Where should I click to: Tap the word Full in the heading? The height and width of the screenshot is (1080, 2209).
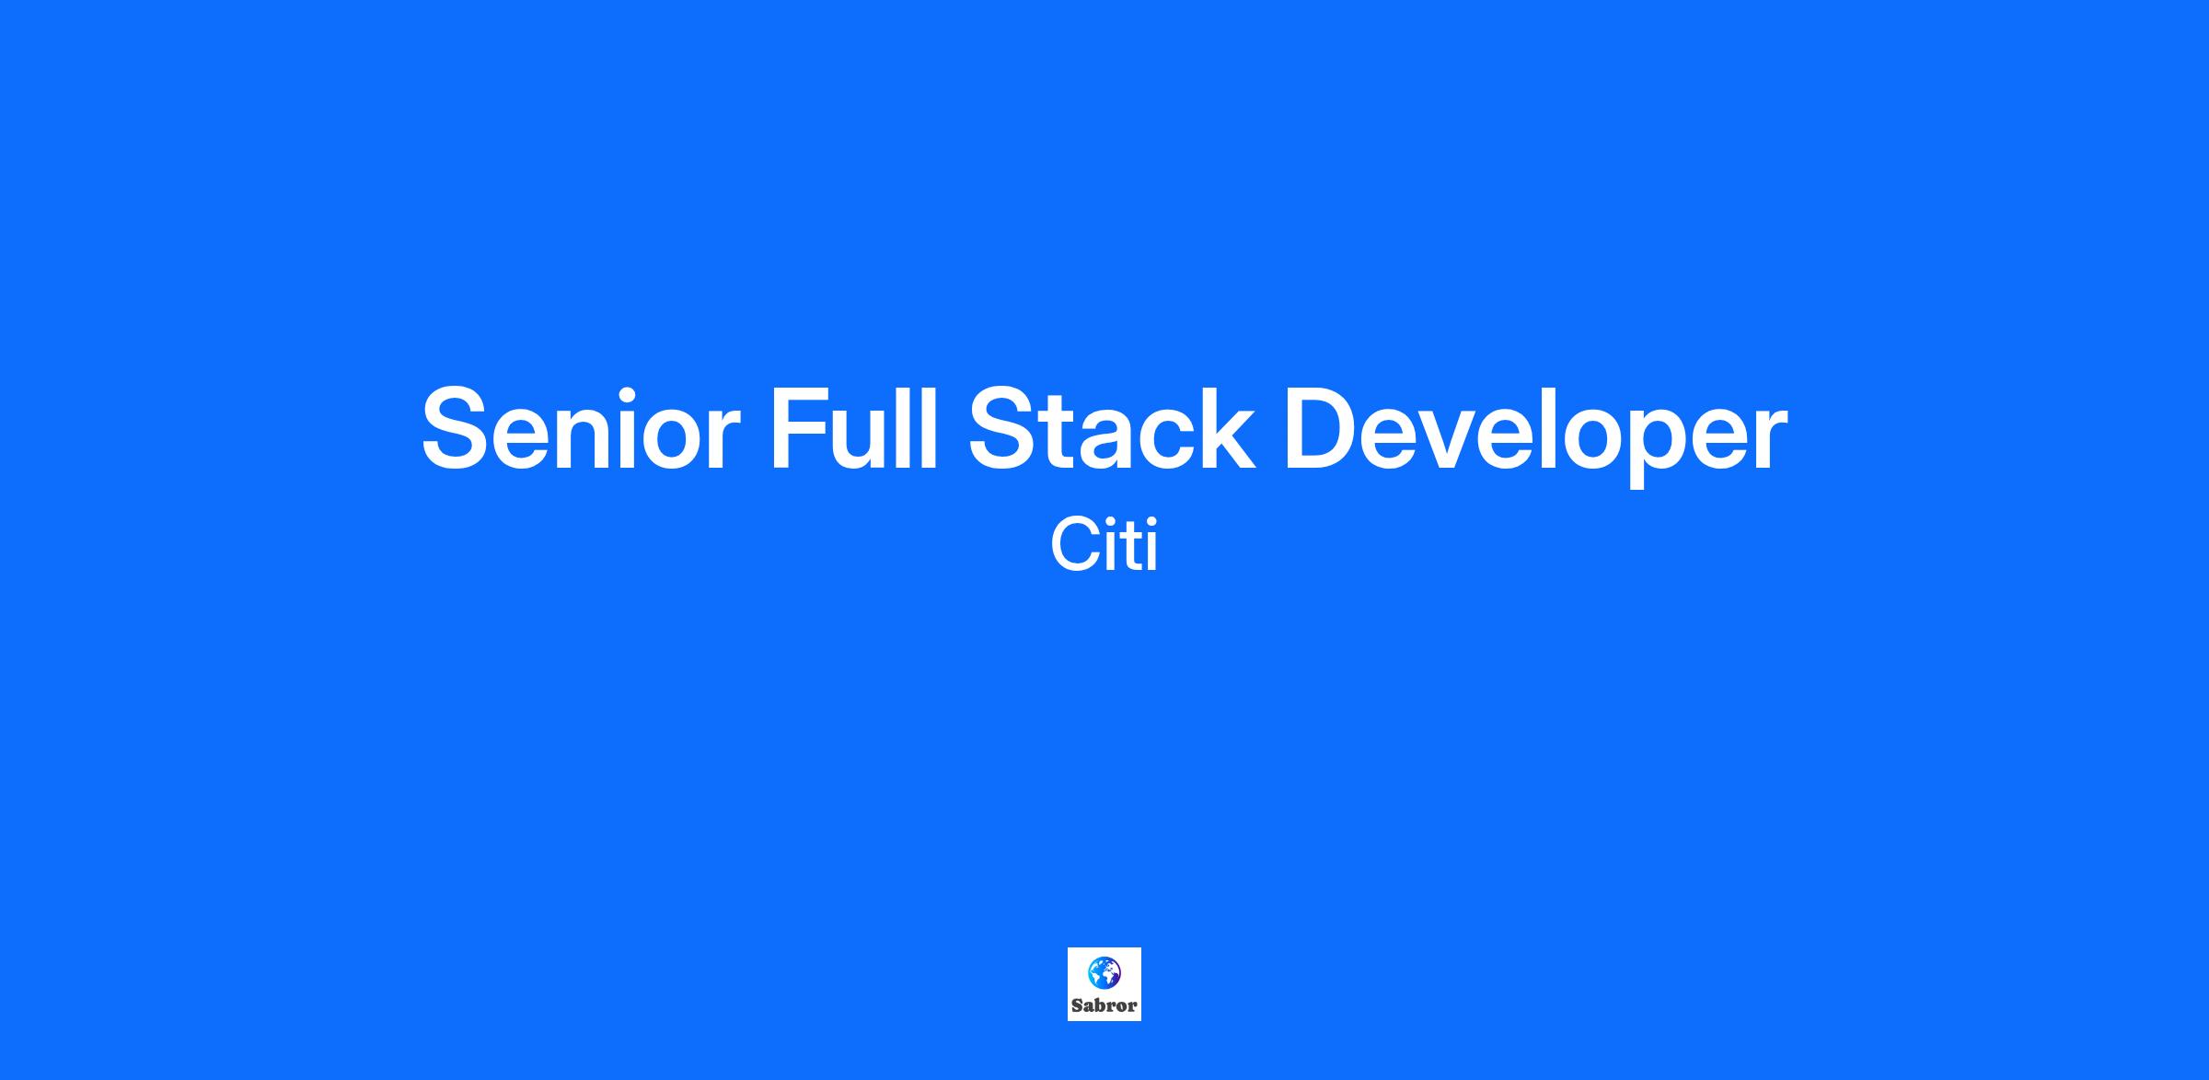coord(853,427)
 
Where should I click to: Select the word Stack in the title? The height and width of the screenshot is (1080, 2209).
coord(1112,428)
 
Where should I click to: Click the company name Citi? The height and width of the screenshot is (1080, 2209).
coord(1104,545)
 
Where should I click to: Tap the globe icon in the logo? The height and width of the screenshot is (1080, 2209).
coord(1104,971)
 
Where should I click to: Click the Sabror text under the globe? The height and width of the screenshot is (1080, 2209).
coord(1104,1005)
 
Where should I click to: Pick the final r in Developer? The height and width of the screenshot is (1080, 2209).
coord(1768,440)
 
